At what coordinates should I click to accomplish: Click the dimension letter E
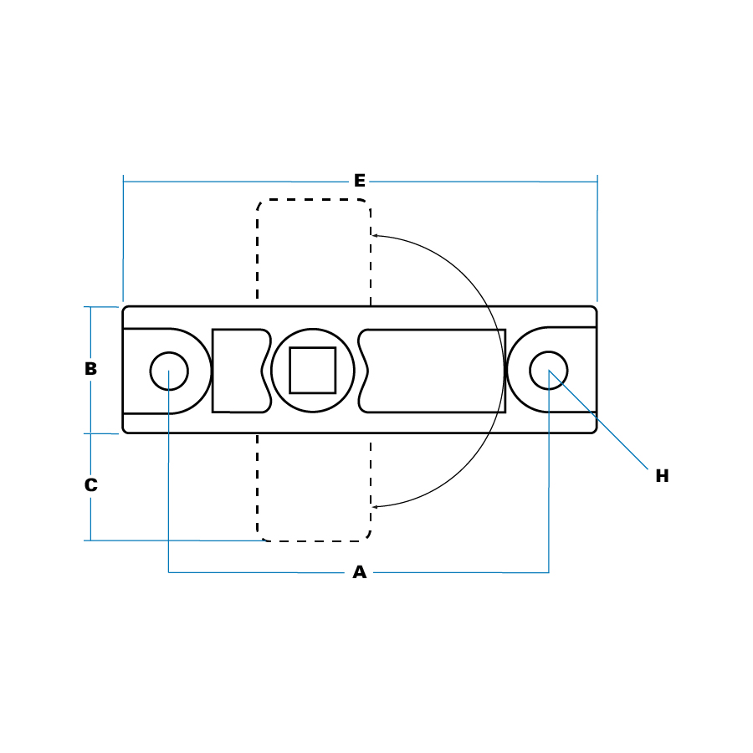tap(359, 181)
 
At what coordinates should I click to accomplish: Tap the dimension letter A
tap(359, 572)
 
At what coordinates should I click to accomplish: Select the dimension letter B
tap(90, 369)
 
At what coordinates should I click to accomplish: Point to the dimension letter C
tap(90, 485)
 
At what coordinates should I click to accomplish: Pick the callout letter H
tap(663, 476)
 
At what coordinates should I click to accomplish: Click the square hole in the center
tap(313, 371)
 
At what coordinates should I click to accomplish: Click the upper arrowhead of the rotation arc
tap(375, 235)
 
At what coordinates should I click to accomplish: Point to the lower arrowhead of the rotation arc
tap(375, 507)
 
